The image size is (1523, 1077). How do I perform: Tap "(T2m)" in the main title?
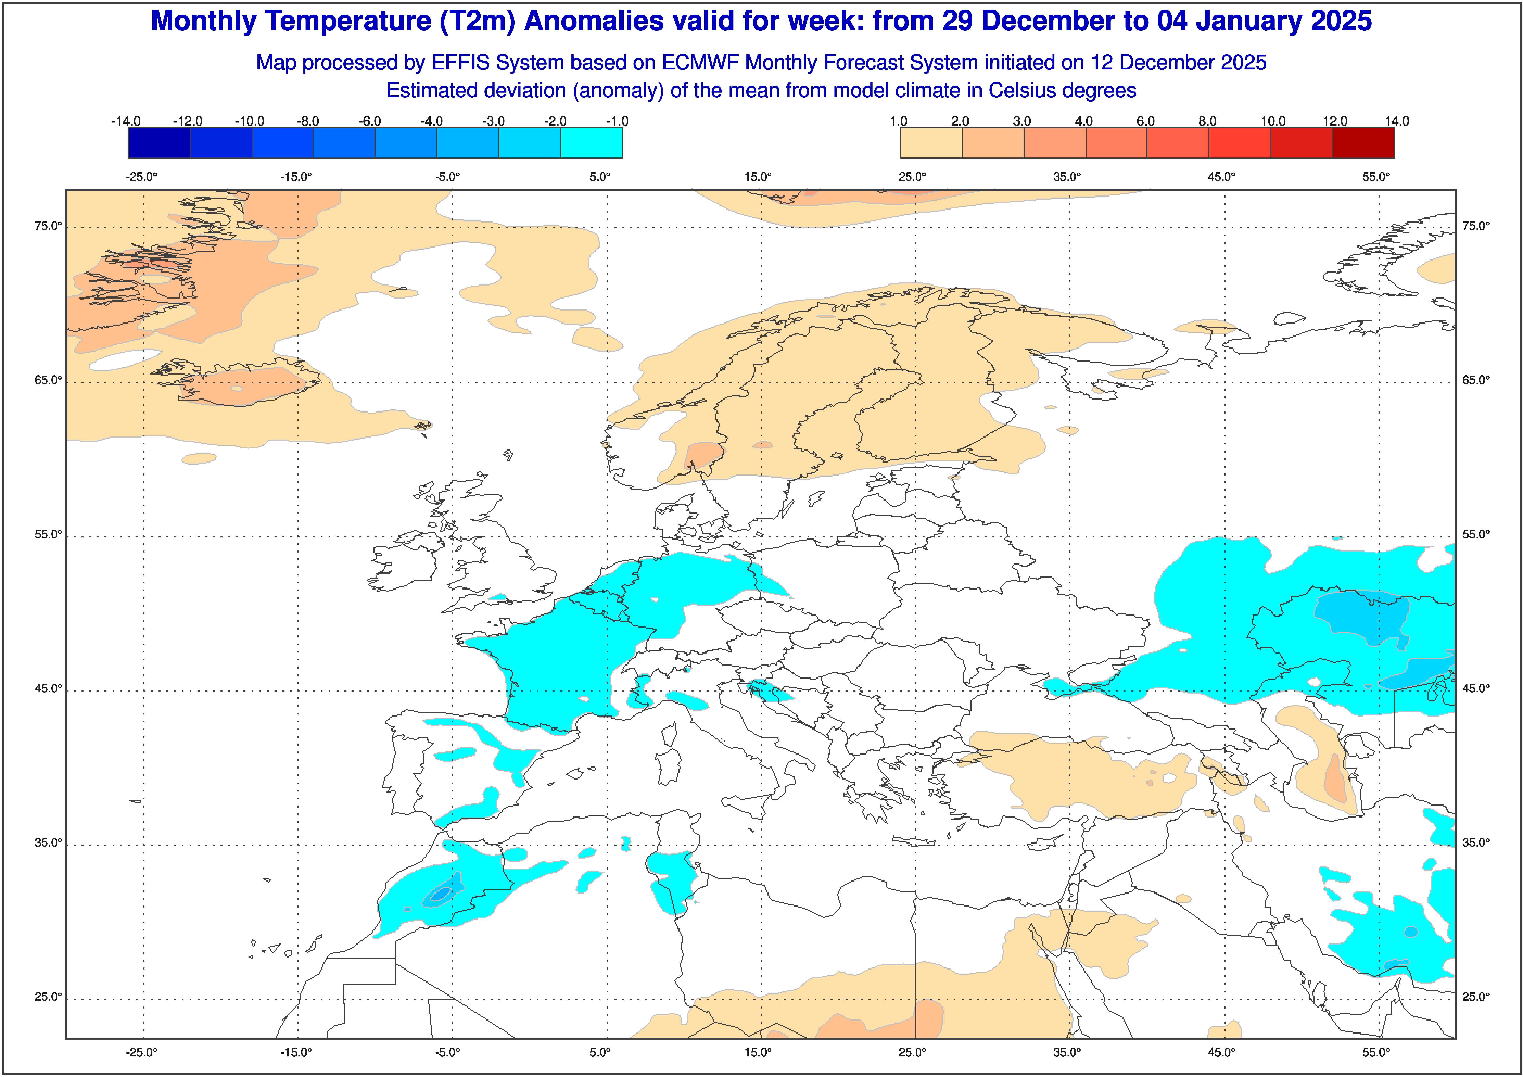tap(477, 21)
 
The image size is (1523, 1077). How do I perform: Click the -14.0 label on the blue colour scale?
tap(126, 121)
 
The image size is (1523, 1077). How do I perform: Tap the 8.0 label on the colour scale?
tap(1207, 121)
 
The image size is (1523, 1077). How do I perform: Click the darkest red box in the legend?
tap(1363, 143)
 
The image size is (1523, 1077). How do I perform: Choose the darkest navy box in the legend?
tap(159, 143)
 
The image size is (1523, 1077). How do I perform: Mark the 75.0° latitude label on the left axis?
tap(48, 226)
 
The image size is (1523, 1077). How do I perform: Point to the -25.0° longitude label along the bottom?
tap(142, 1052)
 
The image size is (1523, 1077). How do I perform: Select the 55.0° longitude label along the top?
tap(1376, 177)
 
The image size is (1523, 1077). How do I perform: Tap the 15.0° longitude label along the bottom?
tap(758, 1052)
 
